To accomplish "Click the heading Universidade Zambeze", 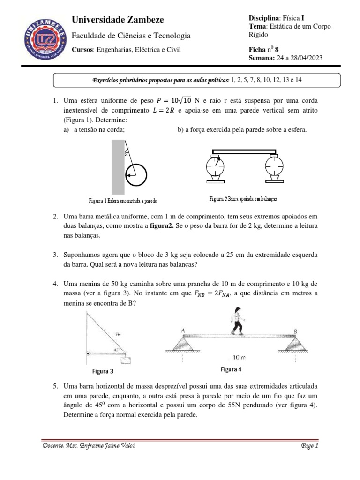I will [x=117, y=20].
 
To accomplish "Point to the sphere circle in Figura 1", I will [x=136, y=176].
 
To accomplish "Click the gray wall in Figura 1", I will [x=118, y=168].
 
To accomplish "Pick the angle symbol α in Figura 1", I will [x=126, y=153].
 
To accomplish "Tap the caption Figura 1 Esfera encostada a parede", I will [x=122, y=201].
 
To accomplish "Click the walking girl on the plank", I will [x=238, y=321].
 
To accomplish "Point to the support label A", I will [x=183, y=330].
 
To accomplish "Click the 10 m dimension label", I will [x=240, y=357].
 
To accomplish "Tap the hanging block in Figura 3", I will [x=125, y=360].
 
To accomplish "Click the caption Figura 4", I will [x=231, y=369].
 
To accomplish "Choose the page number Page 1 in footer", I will [x=309, y=446].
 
